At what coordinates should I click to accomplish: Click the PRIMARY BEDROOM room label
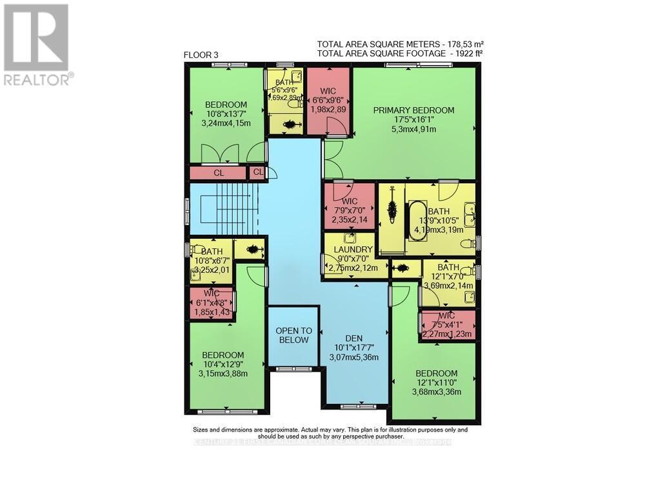point(413,110)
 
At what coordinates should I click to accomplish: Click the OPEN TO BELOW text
point(293,335)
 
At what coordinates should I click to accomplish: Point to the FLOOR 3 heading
point(201,55)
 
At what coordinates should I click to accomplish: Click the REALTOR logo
point(36,45)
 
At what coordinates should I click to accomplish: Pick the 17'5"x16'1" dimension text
point(413,119)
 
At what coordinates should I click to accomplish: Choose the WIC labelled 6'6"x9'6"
point(328,101)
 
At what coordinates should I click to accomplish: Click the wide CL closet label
point(219,173)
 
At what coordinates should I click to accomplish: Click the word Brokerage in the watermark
point(433,442)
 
